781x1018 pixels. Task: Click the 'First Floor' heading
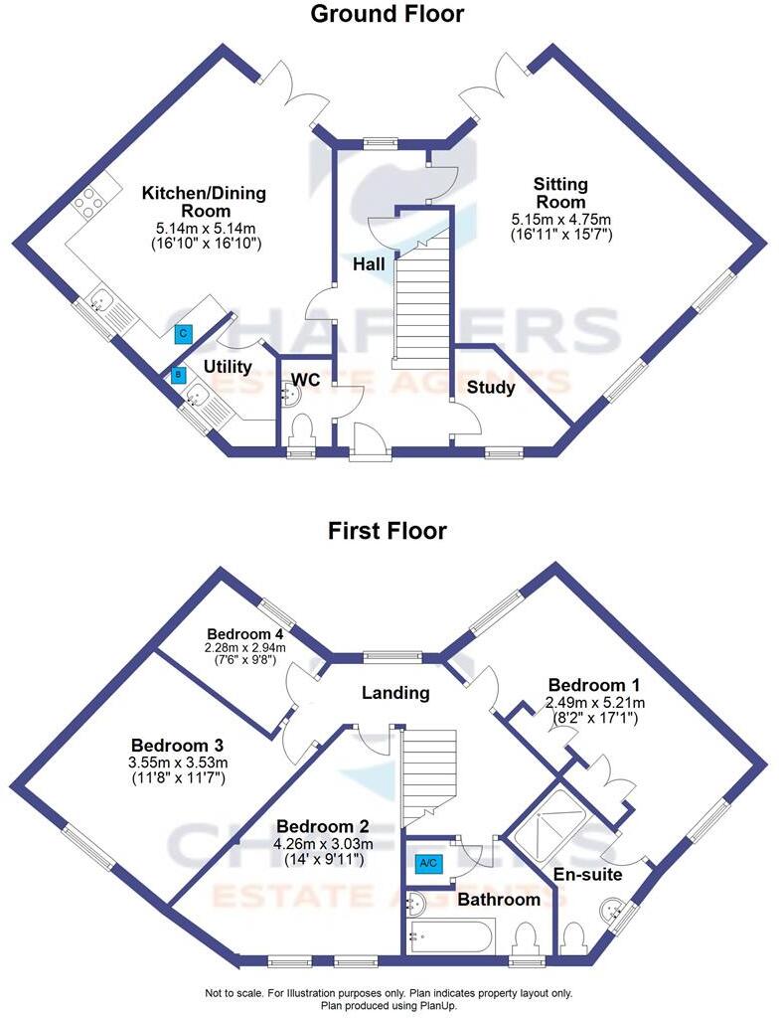point(387,531)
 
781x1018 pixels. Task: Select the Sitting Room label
point(560,193)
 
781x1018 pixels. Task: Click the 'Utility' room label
point(228,367)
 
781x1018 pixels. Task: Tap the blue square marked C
point(182,335)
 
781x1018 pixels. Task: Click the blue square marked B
point(178,375)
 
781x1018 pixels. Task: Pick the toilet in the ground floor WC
point(300,432)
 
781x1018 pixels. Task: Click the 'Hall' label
point(369,264)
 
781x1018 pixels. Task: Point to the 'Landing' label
point(394,693)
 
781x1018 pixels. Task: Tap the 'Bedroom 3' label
point(177,746)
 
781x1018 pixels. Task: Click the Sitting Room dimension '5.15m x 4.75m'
point(560,219)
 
